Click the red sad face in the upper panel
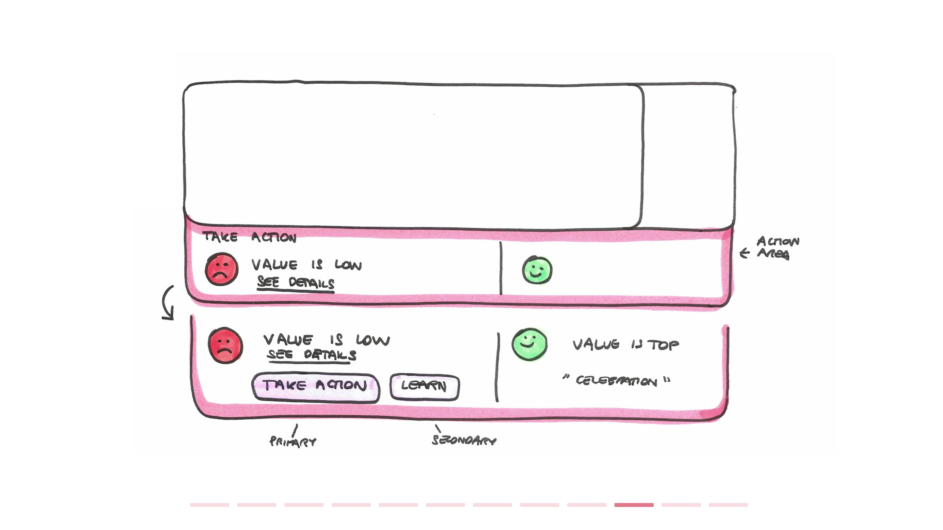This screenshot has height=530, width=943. click(222, 269)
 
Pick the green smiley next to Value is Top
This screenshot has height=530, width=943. click(529, 344)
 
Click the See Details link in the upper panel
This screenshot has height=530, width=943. click(295, 283)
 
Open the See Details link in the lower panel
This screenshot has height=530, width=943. click(312, 355)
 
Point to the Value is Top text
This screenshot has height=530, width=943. click(625, 344)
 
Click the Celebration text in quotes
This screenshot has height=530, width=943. click(616, 381)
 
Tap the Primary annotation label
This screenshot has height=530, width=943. click(292, 442)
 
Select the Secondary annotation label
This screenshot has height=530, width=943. click(464, 440)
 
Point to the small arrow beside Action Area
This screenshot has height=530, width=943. click(745, 253)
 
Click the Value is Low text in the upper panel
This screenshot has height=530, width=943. click(306, 265)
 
